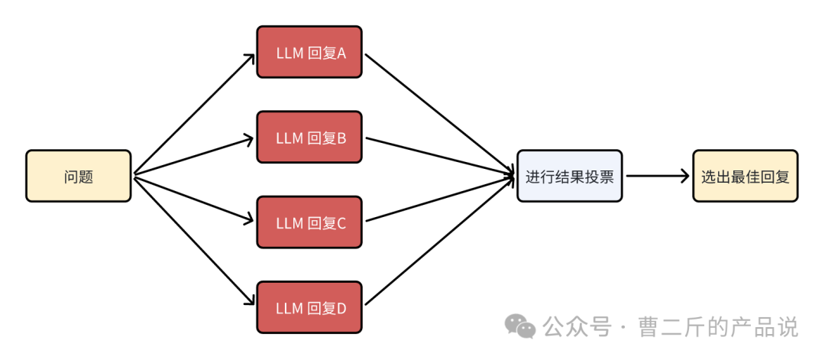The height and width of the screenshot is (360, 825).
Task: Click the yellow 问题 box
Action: coord(78,176)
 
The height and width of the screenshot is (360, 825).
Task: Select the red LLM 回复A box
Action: coord(309,52)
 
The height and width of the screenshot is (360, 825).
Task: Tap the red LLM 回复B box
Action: coord(309,137)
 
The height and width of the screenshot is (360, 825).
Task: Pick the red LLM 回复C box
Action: coord(309,222)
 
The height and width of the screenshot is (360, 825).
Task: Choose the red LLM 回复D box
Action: coord(309,307)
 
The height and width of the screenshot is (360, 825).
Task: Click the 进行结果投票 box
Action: coord(569,176)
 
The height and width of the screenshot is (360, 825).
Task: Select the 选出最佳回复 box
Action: coord(745,176)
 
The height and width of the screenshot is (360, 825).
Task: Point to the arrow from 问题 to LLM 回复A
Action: coord(195,114)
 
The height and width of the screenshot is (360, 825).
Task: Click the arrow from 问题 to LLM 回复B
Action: coord(195,157)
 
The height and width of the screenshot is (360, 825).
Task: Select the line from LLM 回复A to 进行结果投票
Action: coord(439,114)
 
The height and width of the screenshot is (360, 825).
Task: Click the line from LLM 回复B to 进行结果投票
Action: coord(439,157)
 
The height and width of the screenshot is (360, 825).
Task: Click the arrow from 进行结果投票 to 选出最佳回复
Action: coord(657,176)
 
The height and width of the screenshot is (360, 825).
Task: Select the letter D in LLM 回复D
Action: coord(341,308)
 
